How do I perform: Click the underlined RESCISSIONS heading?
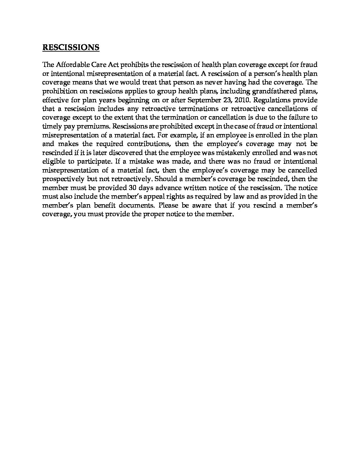(71, 47)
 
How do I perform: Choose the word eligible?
(54, 162)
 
